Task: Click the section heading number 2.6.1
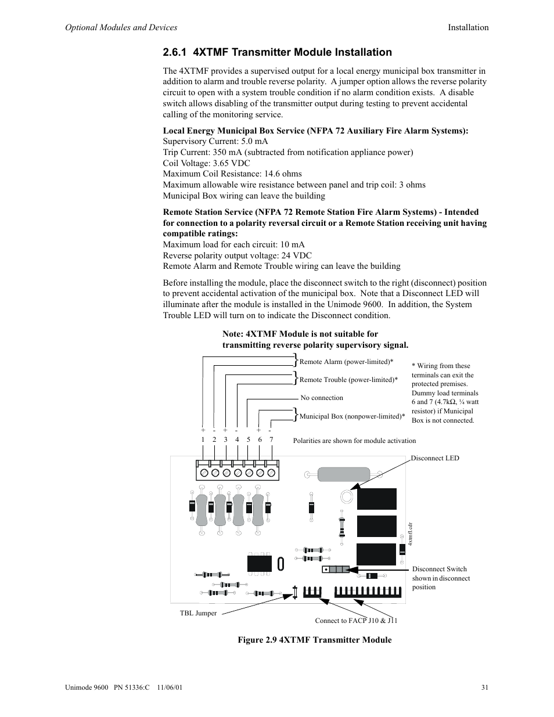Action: pos(175,52)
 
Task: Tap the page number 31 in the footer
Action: pos(484,688)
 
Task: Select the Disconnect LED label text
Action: pos(435,458)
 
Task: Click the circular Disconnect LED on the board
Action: pos(347,496)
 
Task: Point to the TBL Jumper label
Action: pos(198,613)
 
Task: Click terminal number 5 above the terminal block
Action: pos(248,439)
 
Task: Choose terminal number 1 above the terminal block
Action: pos(203,439)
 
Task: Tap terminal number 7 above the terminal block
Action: pos(271,439)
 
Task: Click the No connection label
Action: pos(322,398)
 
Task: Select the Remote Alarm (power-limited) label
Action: pos(346,362)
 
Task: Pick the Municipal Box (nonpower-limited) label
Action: pos(352,416)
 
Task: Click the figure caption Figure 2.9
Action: pos(314,640)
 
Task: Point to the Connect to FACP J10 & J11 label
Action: pos(356,621)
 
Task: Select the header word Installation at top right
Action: pos(467,27)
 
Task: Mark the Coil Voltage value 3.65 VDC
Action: pos(231,163)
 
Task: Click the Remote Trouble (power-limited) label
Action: pos(348,380)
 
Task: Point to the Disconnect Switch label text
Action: pos(440,569)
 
